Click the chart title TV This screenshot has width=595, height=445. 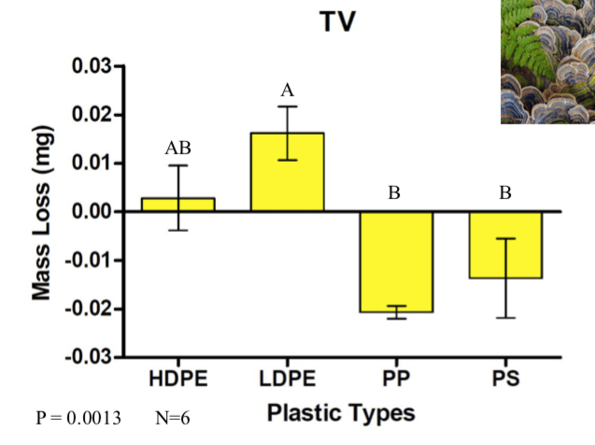[337, 22]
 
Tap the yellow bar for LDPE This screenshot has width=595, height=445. [287, 173]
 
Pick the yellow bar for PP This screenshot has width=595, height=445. [397, 261]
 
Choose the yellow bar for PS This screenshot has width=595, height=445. [506, 245]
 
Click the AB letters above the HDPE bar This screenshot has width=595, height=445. [177, 148]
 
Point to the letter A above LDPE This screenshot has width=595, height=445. [287, 91]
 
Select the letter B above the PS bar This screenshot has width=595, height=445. [505, 194]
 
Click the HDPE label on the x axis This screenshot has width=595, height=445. [177, 380]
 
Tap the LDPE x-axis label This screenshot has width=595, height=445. [287, 380]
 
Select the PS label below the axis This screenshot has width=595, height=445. [505, 380]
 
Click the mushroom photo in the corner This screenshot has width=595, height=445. [546, 62]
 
